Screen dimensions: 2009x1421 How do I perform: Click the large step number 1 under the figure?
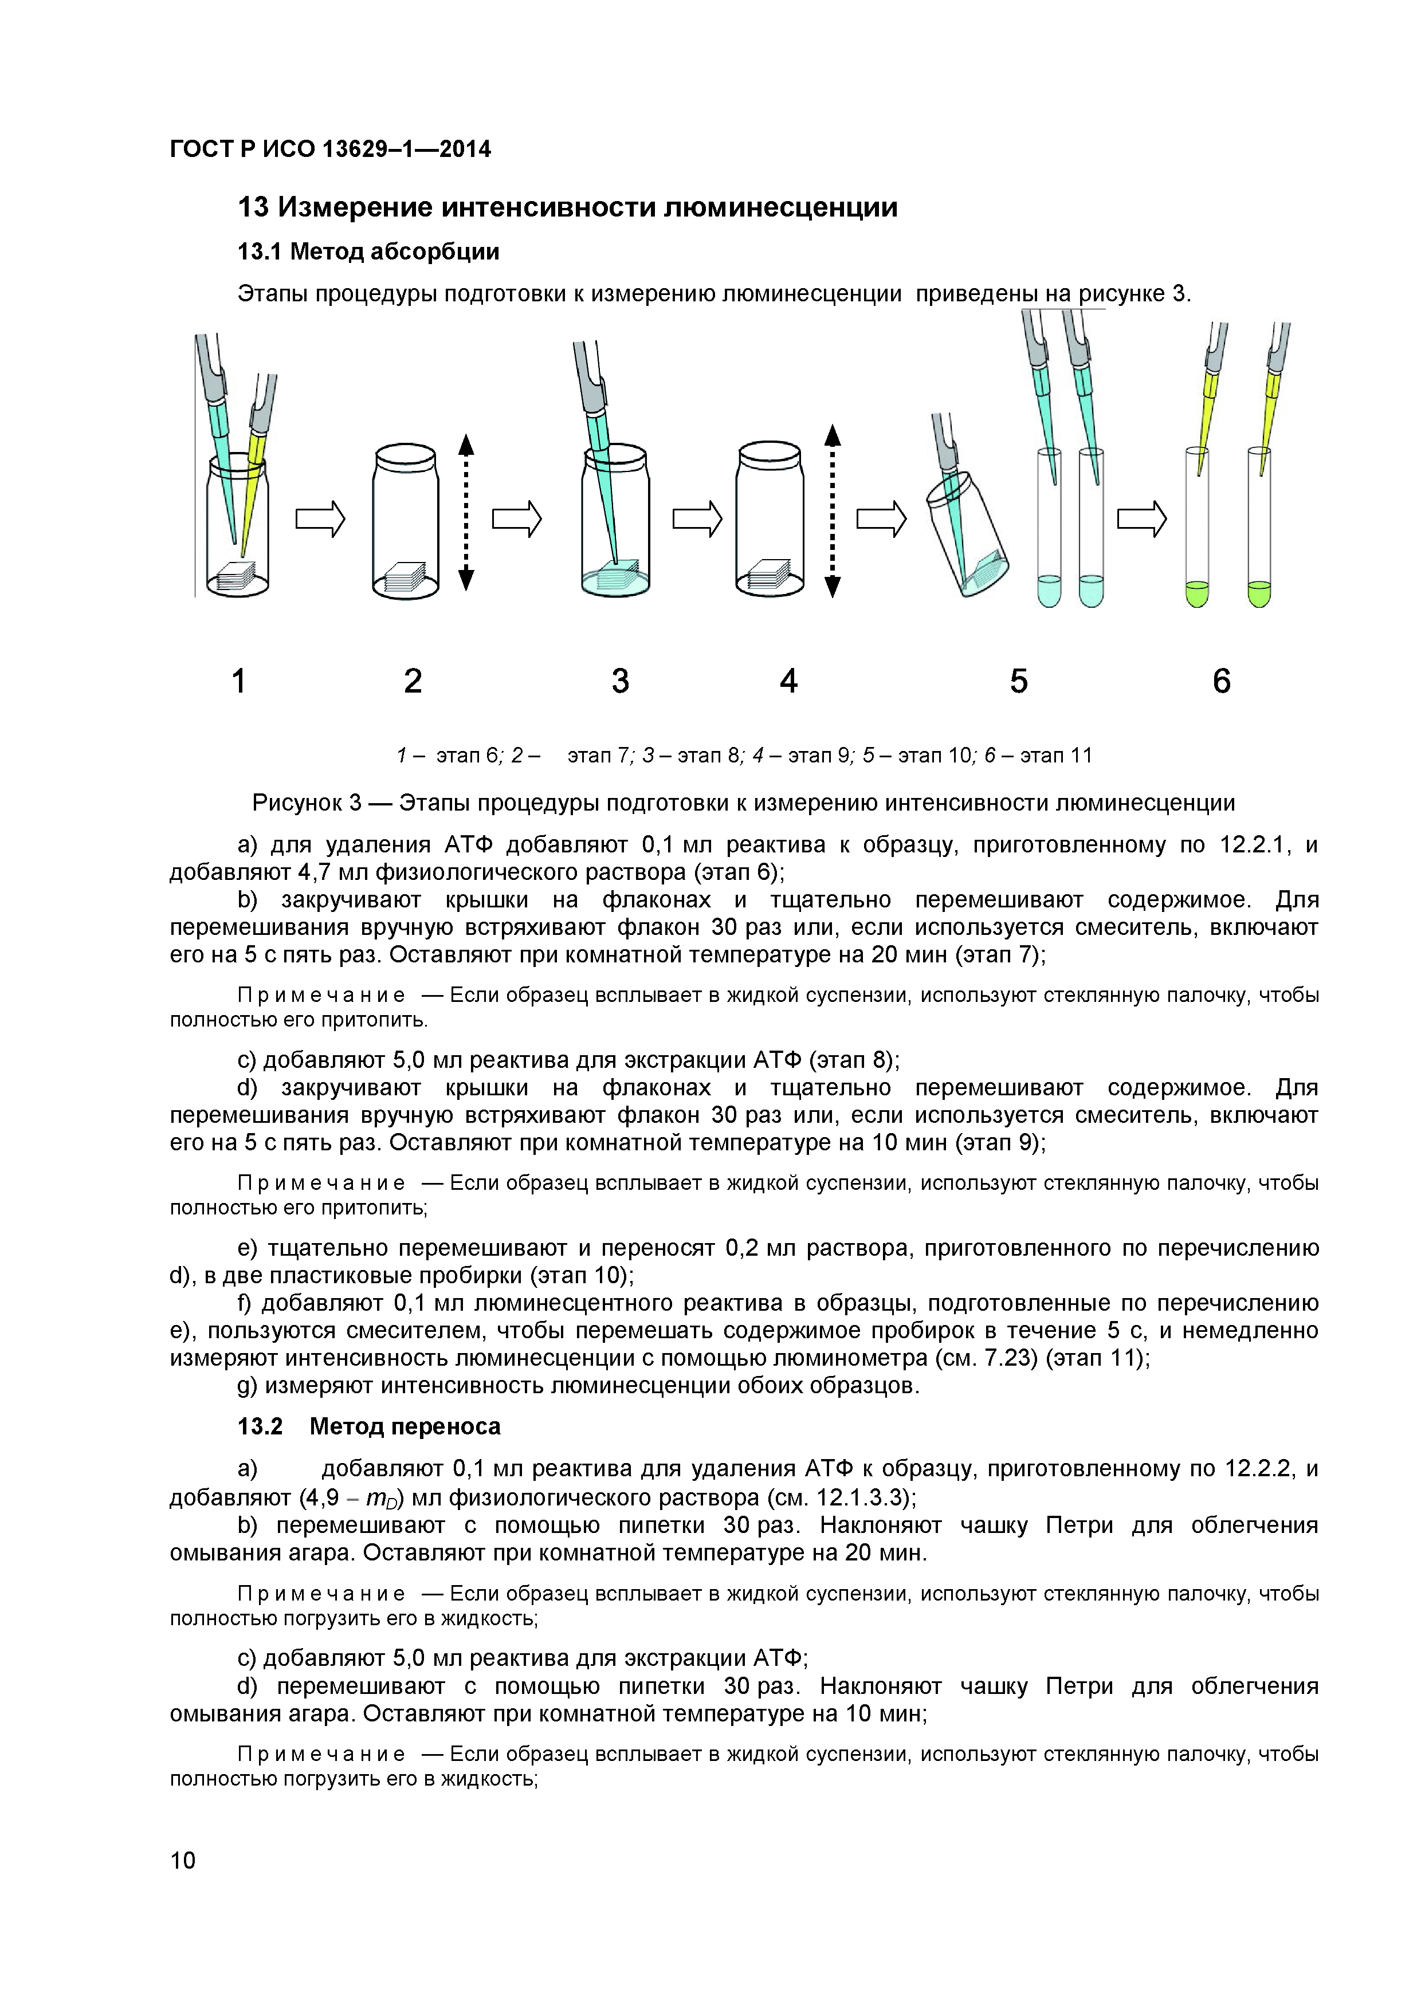click(238, 681)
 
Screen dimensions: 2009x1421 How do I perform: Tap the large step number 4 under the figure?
click(788, 681)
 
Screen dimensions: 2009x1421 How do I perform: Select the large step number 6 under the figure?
click(1222, 681)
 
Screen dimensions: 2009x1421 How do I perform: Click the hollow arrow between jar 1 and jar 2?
click(320, 521)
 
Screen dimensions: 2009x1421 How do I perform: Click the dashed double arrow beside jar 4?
click(832, 512)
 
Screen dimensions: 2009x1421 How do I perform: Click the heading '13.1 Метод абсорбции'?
click(368, 252)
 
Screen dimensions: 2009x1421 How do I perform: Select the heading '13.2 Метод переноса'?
click(369, 1426)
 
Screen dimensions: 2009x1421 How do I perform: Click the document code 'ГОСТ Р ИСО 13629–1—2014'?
click(330, 150)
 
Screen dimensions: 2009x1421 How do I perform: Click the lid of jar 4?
click(769, 457)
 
